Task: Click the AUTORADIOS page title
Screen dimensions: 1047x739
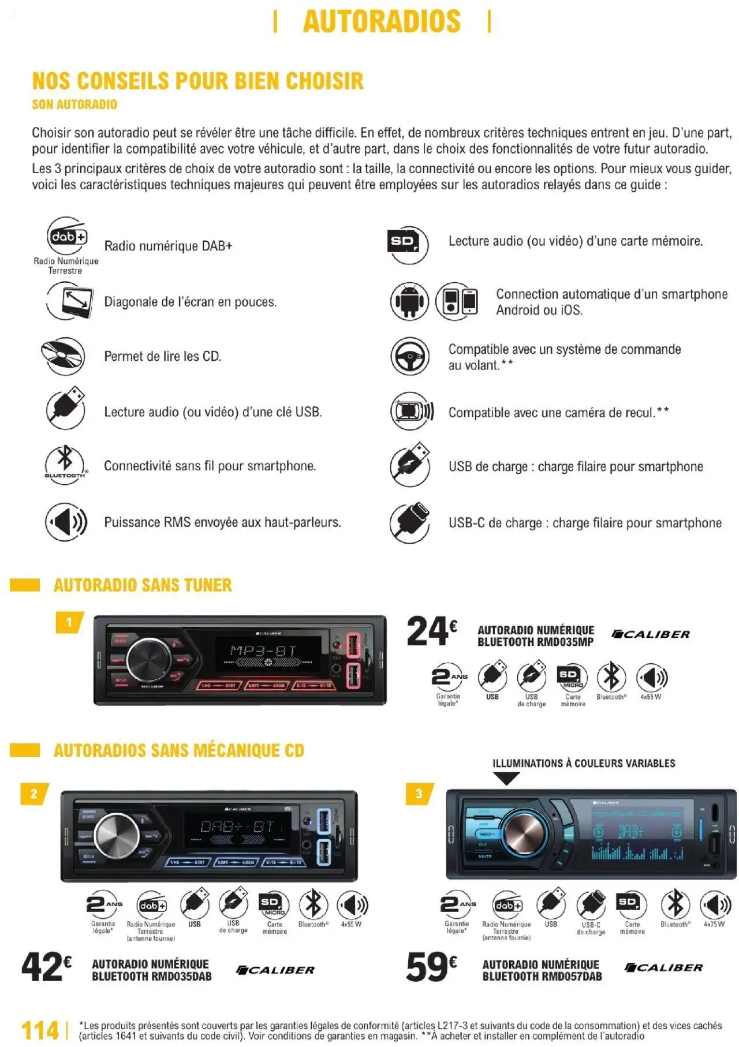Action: click(382, 22)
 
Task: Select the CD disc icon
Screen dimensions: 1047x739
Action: click(63, 356)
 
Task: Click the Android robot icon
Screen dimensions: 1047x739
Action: click(409, 301)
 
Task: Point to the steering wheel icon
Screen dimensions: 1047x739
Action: click(409, 356)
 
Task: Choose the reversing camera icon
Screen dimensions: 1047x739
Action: click(411, 411)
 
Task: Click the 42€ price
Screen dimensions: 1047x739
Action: click(46, 966)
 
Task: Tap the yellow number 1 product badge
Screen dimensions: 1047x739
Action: click(69, 622)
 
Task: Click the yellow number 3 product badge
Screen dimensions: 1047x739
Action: click(419, 794)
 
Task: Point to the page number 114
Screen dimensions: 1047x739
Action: click(40, 1030)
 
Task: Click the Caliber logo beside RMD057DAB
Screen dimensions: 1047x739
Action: click(663, 967)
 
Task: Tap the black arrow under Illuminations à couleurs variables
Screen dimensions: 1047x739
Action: click(507, 779)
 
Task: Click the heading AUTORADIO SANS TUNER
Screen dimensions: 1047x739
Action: click(143, 585)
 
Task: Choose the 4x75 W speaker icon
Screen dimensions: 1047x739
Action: click(715, 904)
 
